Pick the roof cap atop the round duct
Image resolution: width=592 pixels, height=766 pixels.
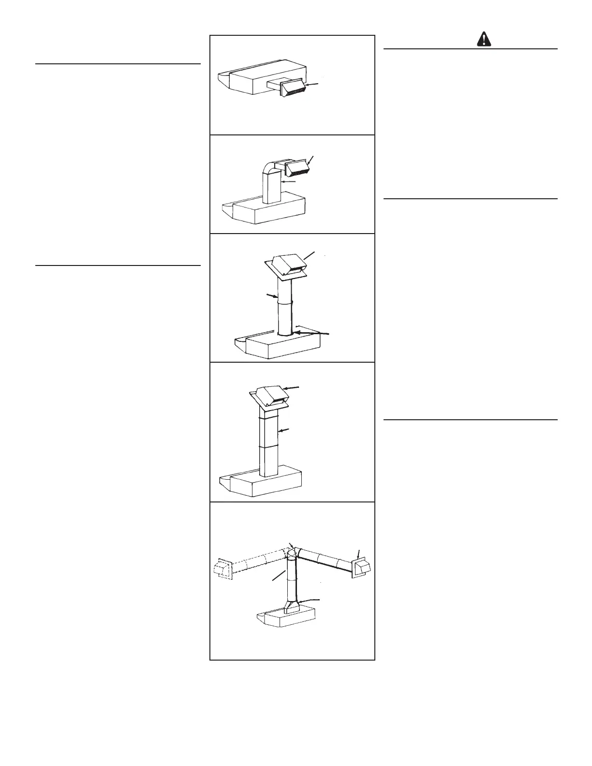point(287,265)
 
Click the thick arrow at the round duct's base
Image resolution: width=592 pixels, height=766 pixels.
point(312,333)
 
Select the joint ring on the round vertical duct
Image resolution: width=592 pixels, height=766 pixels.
point(285,303)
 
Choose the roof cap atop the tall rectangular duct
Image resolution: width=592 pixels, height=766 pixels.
point(271,396)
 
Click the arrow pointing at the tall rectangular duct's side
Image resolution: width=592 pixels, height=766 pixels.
point(285,430)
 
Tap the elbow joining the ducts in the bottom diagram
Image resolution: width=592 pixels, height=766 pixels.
point(293,552)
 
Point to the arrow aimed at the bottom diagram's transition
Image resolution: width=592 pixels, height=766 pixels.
point(310,600)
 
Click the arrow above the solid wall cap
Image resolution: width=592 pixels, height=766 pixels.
point(358,554)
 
